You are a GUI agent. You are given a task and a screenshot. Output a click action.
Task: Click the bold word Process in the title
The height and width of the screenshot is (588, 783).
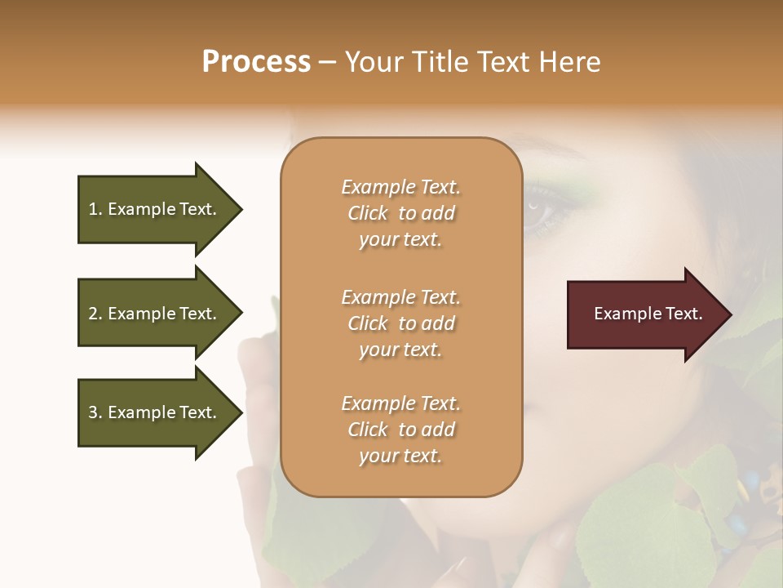[x=256, y=62]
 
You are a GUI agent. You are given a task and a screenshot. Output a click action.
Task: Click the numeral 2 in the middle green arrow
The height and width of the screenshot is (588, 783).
[x=92, y=314]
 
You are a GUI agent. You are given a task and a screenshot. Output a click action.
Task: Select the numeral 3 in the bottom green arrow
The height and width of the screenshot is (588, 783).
[x=92, y=412]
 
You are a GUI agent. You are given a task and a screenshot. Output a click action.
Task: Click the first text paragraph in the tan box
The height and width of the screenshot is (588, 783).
[x=400, y=213]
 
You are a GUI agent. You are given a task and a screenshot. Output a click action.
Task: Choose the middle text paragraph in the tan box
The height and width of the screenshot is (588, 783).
[x=400, y=323]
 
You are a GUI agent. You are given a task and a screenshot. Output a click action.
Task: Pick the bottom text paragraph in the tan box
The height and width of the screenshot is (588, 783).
[x=400, y=430]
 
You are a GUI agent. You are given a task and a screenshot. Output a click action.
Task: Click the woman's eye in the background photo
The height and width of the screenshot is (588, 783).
[x=541, y=215]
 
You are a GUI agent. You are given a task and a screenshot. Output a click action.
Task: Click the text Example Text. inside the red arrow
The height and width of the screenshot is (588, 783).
[x=648, y=314]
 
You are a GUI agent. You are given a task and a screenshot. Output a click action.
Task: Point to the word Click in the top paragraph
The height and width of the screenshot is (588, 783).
[x=368, y=214]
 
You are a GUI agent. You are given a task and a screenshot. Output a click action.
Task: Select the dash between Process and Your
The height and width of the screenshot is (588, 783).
[x=327, y=62]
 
